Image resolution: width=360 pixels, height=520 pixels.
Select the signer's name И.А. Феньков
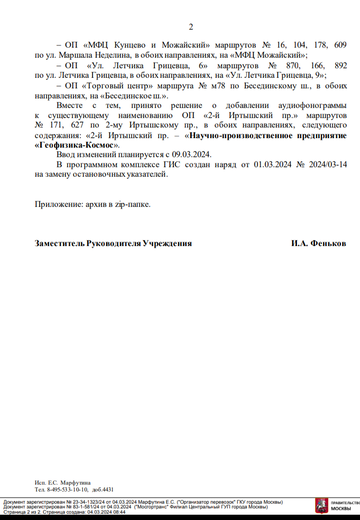click(318, 243)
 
